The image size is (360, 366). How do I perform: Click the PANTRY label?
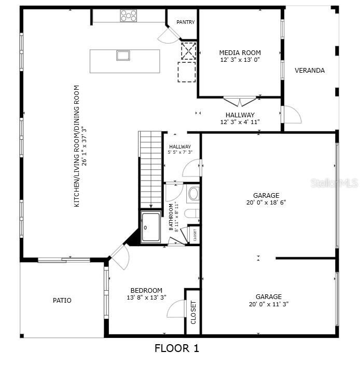185,22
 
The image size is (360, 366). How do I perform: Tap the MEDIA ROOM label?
240,52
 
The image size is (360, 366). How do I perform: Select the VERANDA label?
310,70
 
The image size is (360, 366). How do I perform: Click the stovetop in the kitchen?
129,16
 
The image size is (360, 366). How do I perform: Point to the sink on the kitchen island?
123,55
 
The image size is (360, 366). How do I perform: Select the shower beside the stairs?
151,227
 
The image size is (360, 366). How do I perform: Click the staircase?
151,169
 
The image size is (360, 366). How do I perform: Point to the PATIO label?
62,300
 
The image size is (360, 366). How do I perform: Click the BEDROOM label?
146,290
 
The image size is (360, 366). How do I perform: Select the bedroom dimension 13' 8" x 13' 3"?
146,297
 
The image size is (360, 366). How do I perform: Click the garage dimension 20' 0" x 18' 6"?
266,203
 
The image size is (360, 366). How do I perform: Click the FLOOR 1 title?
177,348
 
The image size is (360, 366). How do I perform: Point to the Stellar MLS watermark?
335,183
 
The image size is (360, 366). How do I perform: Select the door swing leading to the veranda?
292,115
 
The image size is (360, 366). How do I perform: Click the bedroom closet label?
193,313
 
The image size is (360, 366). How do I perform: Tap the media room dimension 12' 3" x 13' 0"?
240,60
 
